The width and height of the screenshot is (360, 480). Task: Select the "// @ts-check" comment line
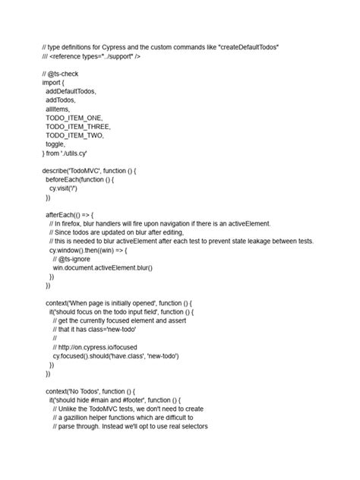click(x=61, y=74)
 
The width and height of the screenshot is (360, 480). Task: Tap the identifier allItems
click(x=58, y=109)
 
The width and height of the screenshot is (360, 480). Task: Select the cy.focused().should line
click(x=118, y=355)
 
